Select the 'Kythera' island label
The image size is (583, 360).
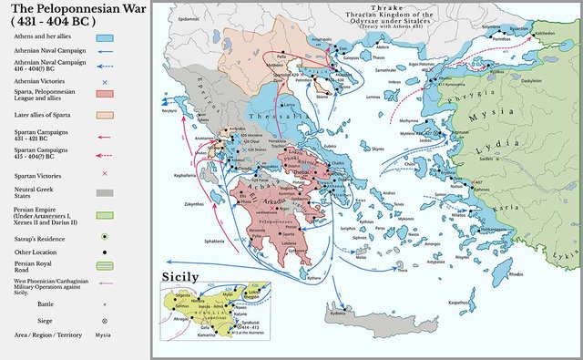coord(314,276)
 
